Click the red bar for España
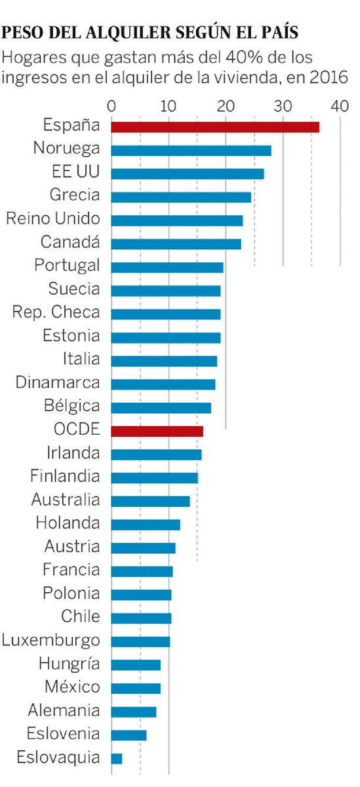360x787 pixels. (x=215, y=127)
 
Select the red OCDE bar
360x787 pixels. (x=157, y=431)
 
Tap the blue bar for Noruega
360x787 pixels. (x=191, y=151)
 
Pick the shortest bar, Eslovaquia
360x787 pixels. (x=117, y=759)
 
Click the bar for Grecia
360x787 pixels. (x=181, y=197)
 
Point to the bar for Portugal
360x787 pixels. (x=167, y=268)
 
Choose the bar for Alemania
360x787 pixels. (x=134, y=712)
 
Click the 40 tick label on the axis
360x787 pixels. (x=340, y=106)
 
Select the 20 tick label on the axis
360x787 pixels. (x=226, y=106)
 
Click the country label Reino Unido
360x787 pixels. (x=53, y=219)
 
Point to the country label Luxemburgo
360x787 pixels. (x=51, y=640)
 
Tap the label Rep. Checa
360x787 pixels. (x=56, y=312)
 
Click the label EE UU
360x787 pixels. (x=75, y=172)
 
